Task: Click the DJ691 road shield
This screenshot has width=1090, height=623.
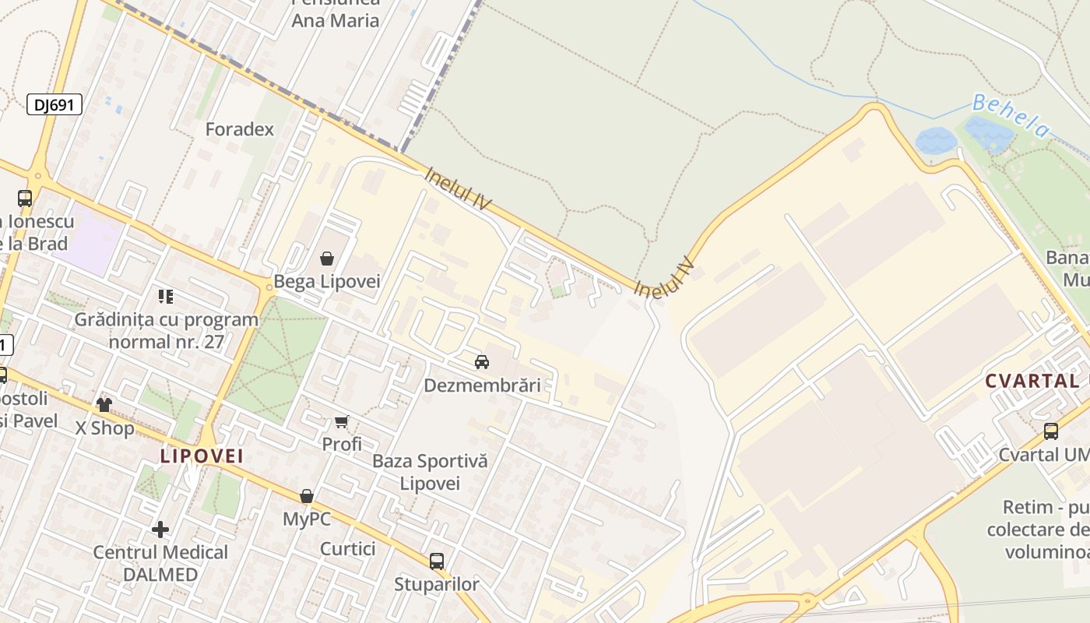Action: [54, 104]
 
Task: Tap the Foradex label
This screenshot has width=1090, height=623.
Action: [240, 129]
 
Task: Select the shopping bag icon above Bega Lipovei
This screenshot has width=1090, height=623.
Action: [327, 259]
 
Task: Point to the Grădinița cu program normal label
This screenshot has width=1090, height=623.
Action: [167, 330]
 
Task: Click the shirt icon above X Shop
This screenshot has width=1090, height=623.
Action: [104, 404]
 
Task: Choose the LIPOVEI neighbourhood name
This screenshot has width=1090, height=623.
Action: [202, 456]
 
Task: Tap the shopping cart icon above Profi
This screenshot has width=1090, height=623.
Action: [342, 422]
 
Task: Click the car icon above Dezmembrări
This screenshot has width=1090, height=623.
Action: [482, 362]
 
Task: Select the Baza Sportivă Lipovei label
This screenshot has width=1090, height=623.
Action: [430, 472]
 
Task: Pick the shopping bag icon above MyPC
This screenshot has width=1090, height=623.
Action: [307, 496]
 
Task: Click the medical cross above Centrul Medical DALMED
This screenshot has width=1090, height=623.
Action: [160, 530]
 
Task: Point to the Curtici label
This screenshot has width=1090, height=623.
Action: [348, 549]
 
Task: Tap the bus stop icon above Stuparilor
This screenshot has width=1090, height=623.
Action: [437, 561]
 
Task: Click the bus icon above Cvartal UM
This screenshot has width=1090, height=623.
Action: [1051, 431]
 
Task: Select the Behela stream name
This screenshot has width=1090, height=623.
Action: [1011, 115]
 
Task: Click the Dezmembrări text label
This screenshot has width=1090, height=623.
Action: [482, 385]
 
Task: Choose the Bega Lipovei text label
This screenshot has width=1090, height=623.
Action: [327, 282]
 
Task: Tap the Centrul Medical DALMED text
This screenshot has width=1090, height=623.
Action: [160, 563]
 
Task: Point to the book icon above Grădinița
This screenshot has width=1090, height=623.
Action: [166, 296]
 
